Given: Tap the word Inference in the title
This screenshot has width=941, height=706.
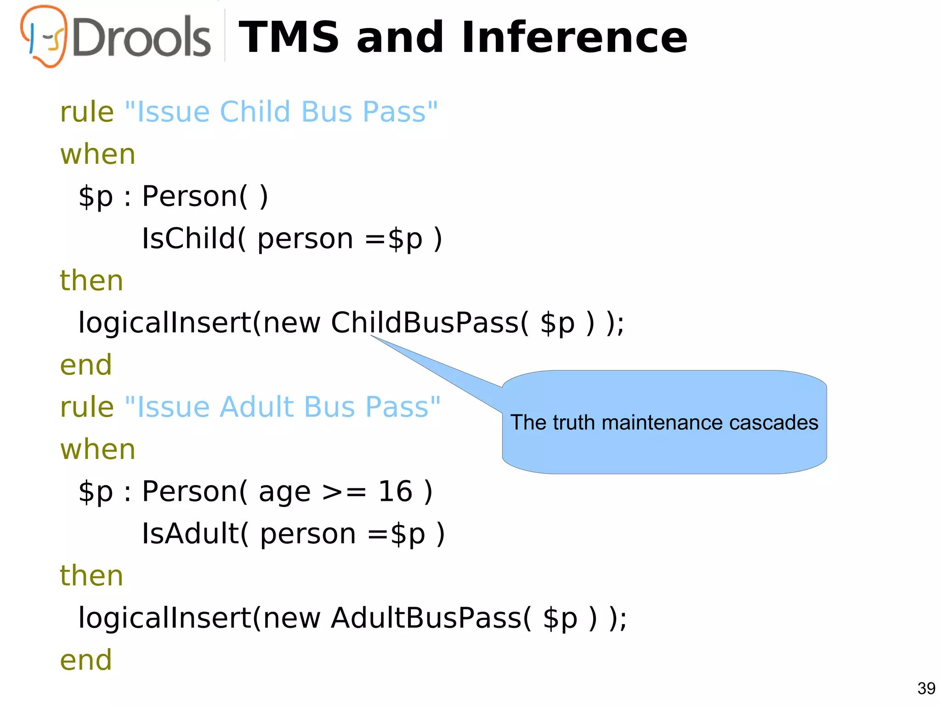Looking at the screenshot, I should tap(574, 38).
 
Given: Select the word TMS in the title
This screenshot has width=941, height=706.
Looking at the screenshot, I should tap(289, 38).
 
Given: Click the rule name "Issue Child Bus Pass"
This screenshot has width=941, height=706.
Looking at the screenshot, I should tap(281, 112).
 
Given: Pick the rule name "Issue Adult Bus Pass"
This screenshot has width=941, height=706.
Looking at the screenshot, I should tap(283, 407).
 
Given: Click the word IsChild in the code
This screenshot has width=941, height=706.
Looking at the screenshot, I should tap(188, 238).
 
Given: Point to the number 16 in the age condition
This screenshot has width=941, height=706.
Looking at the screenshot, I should tap(395, 491).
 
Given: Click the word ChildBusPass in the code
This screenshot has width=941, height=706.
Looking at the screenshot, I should tap(425, 322).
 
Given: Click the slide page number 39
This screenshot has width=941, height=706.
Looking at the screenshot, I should tap(926, 689).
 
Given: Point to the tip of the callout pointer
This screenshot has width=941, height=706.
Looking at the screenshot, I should tap(371, 336).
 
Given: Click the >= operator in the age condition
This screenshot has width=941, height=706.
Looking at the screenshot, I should tap(344, 492).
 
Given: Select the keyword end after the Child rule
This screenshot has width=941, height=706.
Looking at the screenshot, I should tap(86, 365).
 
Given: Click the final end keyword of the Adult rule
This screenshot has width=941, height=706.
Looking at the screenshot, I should tap(86, 660).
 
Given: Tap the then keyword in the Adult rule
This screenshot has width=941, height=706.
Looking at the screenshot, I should tap(91, 576).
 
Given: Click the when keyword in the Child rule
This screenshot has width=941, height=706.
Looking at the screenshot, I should tap(98, 154).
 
